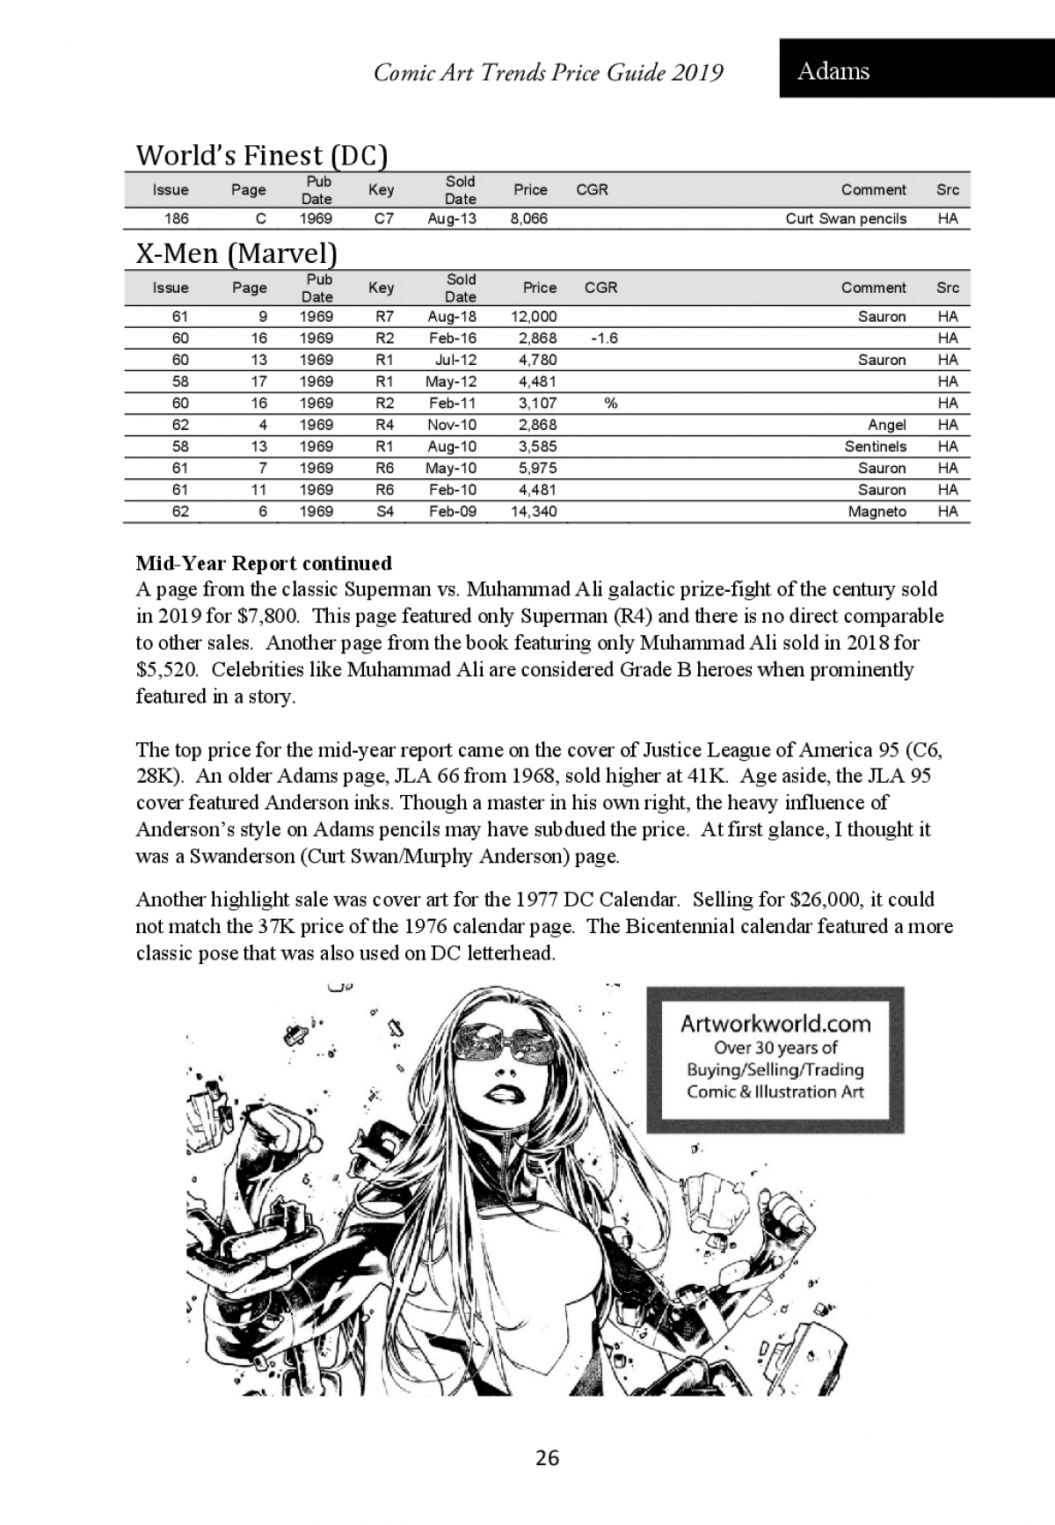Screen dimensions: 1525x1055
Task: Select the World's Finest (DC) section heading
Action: click(x=261, y=156)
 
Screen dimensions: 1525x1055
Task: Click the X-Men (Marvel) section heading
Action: click(x=236, y=254)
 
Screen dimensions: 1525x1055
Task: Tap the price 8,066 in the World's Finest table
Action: click(x=528, y=219)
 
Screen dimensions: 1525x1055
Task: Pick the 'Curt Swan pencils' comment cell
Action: click(x=845, y=219)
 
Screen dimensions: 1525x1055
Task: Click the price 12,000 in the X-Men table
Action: click(x=533, y=317)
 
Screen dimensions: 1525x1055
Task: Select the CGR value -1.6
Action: click(x=604, y=339)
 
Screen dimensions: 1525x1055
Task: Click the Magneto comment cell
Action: click(x=877, y=512)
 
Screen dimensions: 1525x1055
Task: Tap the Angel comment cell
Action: click(x=886, y=425)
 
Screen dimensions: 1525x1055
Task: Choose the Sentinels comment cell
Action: click(x=875, y=447)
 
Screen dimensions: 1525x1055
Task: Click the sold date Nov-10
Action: click(x=452, y=425)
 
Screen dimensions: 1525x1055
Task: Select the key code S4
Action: click(x=384, y=512)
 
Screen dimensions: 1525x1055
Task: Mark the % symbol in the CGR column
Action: click(x=610, y=404)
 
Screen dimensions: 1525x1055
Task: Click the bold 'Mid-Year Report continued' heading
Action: click(x=264, y=563)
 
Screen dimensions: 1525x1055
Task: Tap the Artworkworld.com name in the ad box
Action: click(x=775, y=1024)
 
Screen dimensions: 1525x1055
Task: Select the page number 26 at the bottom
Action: click(x=547, y=1458)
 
